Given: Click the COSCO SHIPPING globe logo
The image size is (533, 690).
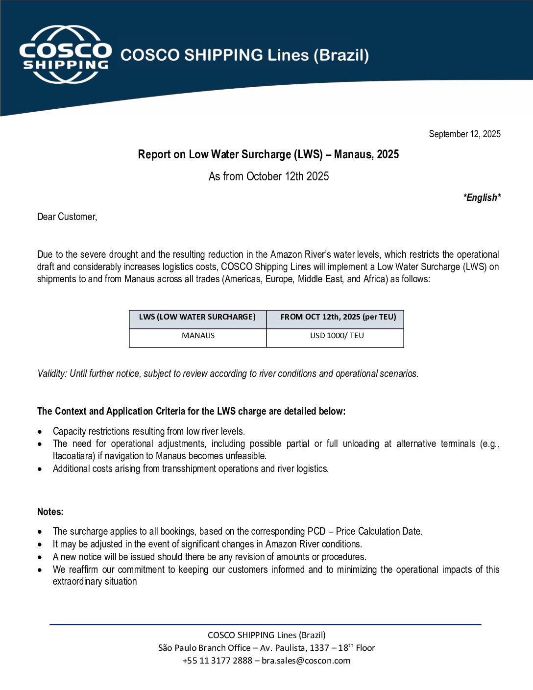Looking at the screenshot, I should point(65,54).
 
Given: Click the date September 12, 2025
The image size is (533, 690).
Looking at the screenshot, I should point(464,134).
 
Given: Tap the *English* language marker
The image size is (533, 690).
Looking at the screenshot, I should point(482,197).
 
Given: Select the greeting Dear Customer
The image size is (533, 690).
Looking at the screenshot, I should point(67,217).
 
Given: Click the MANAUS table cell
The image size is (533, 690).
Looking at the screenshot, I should point(198,336).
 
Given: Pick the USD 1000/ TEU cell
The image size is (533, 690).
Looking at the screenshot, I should point(337,336).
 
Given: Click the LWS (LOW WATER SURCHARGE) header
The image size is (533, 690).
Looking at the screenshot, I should point(197,317).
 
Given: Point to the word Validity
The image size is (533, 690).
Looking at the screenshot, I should point(51,373).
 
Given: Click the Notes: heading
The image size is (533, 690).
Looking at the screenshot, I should point(50,512).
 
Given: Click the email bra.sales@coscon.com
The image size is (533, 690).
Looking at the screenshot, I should point(306,661).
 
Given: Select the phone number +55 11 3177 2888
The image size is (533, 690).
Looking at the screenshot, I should point(217,661).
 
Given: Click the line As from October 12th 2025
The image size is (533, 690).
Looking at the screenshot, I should point(268,176).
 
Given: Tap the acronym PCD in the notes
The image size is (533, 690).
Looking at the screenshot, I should point(316,531).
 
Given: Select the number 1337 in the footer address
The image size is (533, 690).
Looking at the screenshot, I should point(319,648).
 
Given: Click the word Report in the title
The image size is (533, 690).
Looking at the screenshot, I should point(154,154).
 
